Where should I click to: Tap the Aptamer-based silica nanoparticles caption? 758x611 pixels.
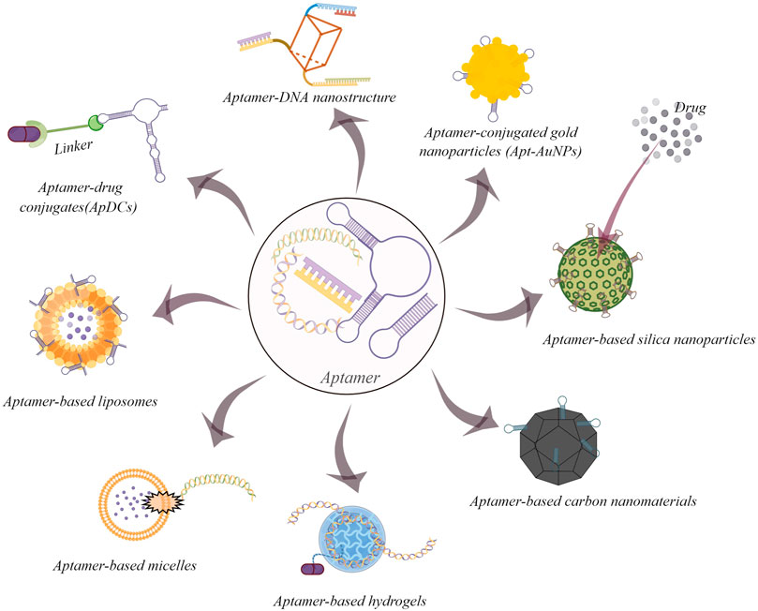click(x=648, y=340)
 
